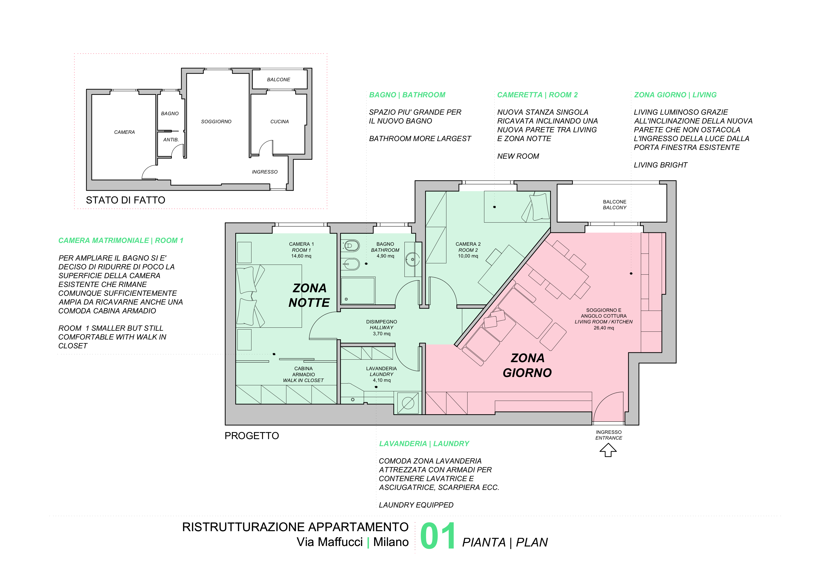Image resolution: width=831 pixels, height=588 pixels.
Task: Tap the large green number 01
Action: [438, 536]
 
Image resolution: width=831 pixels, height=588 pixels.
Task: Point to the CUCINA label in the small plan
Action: [279, 122]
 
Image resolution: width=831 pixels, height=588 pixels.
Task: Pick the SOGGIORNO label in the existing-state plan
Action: [216, 122]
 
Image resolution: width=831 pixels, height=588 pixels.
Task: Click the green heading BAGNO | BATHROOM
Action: [407, 95]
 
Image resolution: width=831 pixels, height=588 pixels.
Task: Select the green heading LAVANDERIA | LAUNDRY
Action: [424, 444]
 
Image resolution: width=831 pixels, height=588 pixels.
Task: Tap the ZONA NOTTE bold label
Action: [309, 295]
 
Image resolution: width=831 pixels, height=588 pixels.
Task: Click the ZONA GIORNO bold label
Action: [527, 365]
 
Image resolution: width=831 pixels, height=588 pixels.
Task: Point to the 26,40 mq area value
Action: [604, 328]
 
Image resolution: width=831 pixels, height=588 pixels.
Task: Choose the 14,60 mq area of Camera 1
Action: [301, 256]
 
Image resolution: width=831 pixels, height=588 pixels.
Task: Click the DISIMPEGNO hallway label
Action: [382, 322]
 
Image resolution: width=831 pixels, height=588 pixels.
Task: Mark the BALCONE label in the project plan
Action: [614, 202]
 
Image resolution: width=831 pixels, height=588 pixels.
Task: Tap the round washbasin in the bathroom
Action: [412, 259]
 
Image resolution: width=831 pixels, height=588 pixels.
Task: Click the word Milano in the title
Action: [391, 542]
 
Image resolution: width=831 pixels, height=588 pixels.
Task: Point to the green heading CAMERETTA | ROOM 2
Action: [538, 95]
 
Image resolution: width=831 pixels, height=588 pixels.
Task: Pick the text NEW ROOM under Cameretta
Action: [518, 156]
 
